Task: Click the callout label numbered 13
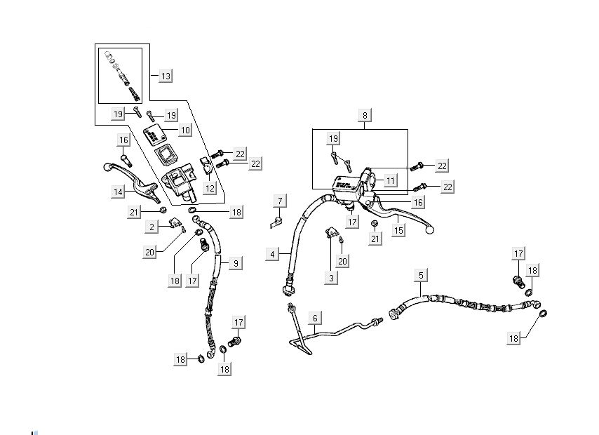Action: [166, 76]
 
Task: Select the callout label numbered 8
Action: [364, 114]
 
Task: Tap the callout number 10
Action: [184, 130]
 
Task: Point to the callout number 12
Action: [210, 188]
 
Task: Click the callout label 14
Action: [118, 191]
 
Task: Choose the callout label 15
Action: [398, 229]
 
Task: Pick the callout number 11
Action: [390, 180]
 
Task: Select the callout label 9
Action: [236, 262]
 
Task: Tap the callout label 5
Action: [421, 275]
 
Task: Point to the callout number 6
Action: [316, 319]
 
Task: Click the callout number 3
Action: [331, 278]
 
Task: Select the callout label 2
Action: [152, 227]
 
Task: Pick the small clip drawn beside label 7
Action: [276, 223]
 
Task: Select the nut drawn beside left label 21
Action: [163, 210]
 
